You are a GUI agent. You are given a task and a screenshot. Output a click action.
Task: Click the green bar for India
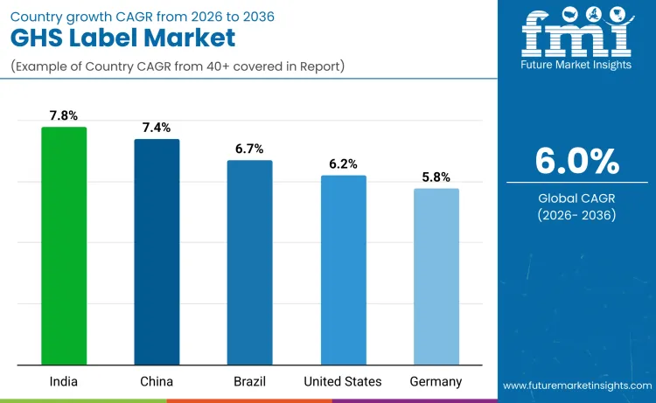pos(64,246)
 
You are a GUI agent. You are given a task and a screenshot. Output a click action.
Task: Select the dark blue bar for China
pos(157,252)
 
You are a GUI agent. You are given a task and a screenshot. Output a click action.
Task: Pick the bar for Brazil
pos(249,262)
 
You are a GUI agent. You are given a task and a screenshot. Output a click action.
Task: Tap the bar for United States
pos(343,270)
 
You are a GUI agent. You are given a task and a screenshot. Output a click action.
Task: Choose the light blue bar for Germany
pos(436,276)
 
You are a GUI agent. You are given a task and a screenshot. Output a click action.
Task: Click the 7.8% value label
pos(64,115)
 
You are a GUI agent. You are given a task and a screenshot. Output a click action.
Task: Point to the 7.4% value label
pos(157,128)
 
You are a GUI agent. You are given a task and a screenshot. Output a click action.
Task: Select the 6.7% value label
pos(249,149)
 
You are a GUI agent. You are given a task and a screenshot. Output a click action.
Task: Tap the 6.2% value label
pos(343,164)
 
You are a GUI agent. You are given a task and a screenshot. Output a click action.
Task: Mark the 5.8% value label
pos(436,177)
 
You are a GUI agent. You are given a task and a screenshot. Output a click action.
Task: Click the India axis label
pos(64,381)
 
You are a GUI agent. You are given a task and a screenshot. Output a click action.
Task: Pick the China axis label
pos(157,381)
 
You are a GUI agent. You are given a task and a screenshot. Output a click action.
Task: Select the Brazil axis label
pos(249,381)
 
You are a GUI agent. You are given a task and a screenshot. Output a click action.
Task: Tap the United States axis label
pos(343,381)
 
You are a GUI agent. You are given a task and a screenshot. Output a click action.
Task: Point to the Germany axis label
pos(436,381)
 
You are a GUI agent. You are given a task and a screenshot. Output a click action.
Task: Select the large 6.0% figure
pos(576,161)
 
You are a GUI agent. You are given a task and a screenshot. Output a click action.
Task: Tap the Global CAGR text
pos(576,198)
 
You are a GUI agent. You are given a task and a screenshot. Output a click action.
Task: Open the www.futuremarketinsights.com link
pos(576,386)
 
